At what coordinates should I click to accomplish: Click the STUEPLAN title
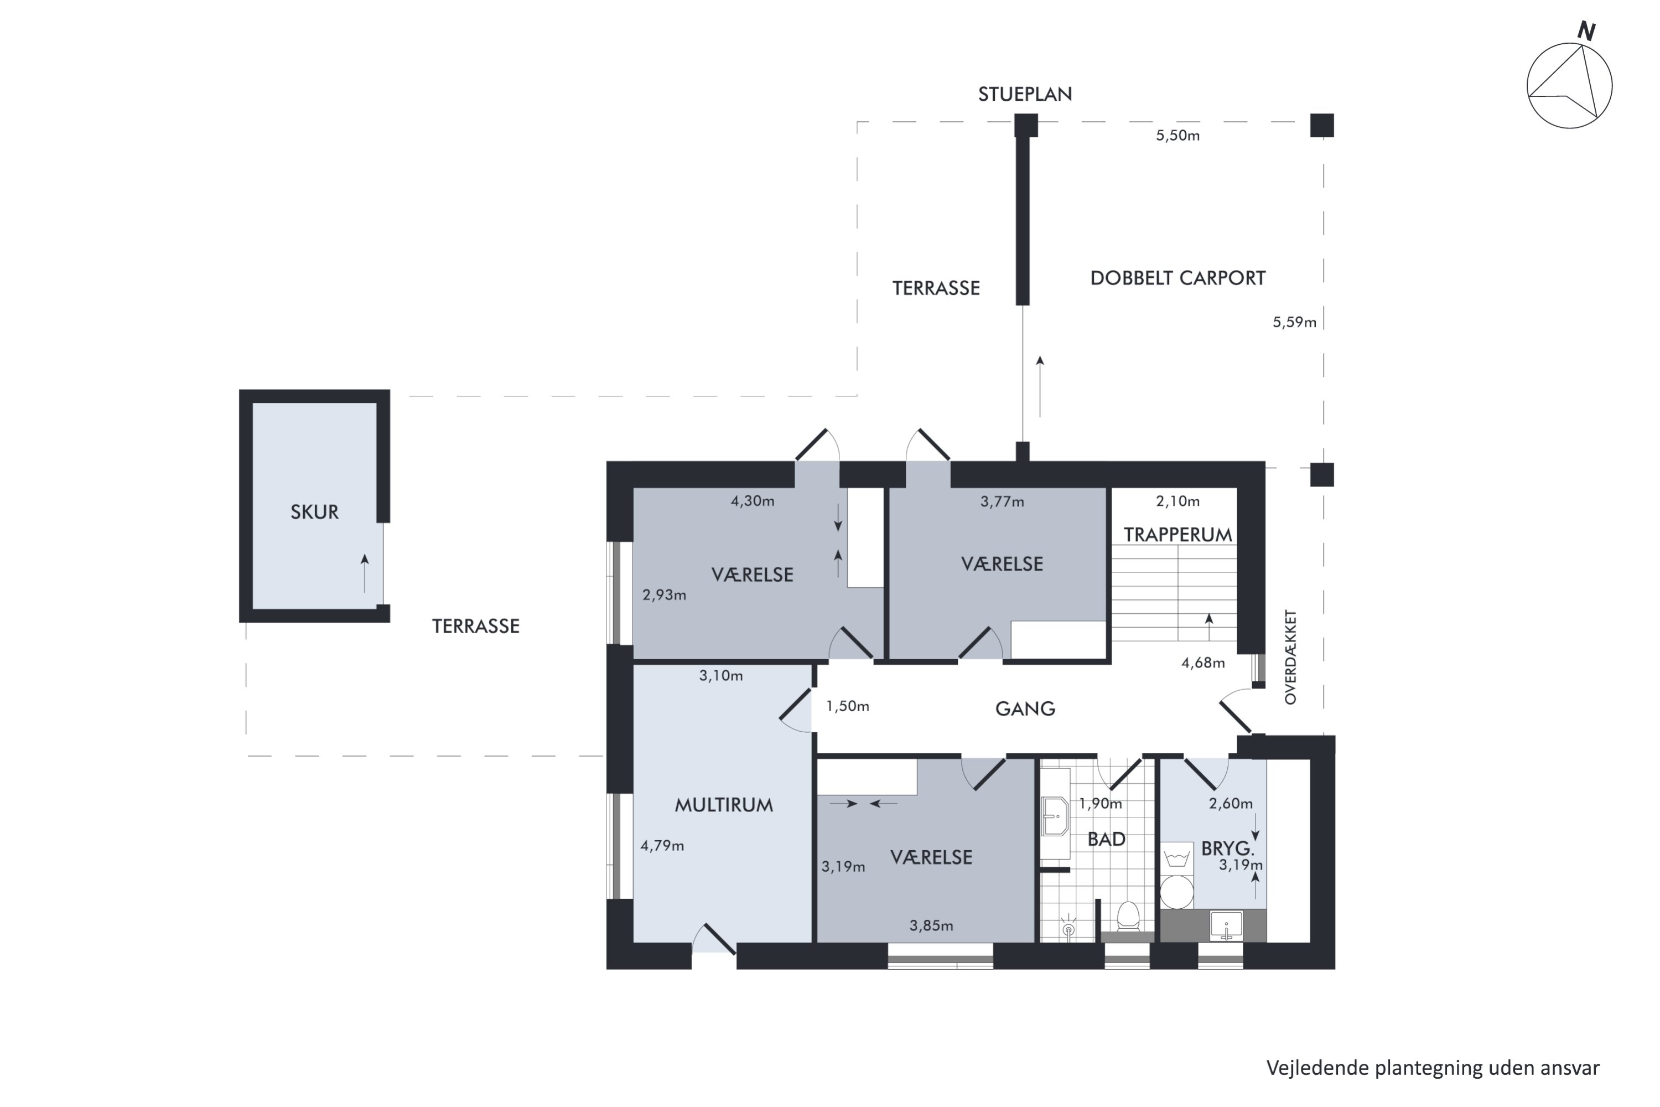(x=1025, y=94)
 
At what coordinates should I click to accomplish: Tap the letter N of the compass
(x=1586, y=31)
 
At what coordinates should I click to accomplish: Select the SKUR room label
(x=315, y=512)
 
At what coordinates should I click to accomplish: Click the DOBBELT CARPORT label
(x=1178, y=278)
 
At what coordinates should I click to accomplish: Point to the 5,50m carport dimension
(x=1178, y=136)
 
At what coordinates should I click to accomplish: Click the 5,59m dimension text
(x=1294, y=323)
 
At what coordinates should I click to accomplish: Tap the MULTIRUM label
(x=724, y=805)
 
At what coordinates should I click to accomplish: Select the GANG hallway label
(x=1025, y=709)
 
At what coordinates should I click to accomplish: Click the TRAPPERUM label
(x=1178, y=535)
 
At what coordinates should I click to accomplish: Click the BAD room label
(x=1107, y=840)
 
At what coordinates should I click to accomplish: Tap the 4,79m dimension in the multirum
(x=662, y=846)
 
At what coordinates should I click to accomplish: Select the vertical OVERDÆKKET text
(x=1291, y=658)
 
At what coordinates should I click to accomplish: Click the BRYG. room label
(x=1228, y=849)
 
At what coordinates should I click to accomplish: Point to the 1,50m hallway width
(x=848, y=706)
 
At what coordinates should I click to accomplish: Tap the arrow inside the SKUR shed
(x=365, y=573)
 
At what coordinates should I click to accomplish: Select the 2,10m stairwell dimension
(x=1178, y=501)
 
